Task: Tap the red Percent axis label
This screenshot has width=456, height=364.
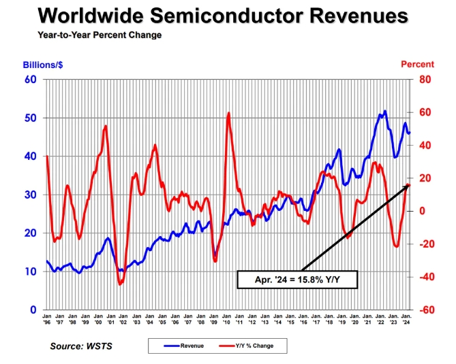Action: (416, 65)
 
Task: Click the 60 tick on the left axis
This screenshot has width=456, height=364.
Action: (30, 80)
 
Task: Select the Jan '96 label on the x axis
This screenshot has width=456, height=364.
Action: (46, 320)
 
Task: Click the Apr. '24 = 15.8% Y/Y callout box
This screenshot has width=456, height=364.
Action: (296, 279)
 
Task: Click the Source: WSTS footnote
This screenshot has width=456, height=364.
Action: (80, 346)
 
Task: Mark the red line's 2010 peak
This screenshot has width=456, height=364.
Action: (228, 113)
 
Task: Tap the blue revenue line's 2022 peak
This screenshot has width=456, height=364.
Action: (385, 111)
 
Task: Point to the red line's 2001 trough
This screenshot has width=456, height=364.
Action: (120, 284)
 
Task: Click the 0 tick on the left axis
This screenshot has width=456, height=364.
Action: (33, 310)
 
